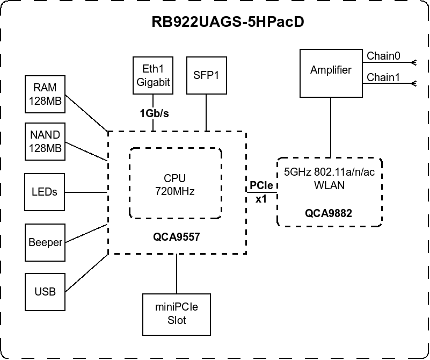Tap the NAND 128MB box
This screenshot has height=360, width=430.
tap(45, 141)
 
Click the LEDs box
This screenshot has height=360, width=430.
tap(45, 192)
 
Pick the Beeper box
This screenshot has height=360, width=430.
tap(45, 242)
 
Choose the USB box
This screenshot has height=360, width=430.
tap(45, 292)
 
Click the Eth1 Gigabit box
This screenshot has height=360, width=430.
tap(154, 75)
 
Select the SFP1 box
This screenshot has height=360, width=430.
tap(207, 75)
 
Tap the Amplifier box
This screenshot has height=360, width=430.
tap(331, 70)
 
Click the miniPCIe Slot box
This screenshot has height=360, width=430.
tap(177, 314)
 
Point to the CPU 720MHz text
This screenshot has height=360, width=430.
tap(175, 184)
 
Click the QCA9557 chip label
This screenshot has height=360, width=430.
tap(177, 235)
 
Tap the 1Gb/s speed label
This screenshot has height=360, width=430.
tap(155, 113)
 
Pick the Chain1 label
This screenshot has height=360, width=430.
tap(383, 77)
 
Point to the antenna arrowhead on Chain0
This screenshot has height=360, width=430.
tap(413, 62)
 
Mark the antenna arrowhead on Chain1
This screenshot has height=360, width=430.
tap(413, 83)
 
